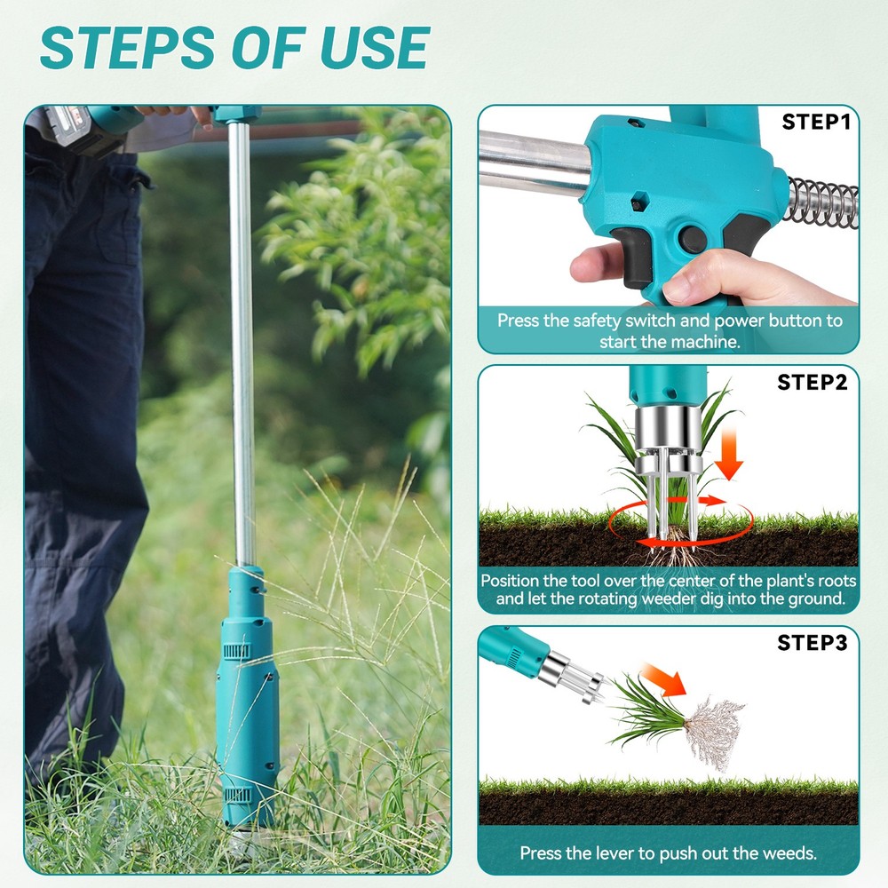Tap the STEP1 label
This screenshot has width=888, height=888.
[x=816, y=122]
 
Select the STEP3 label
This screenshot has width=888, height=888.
[x=813, y=642]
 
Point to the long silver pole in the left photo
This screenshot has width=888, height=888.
[x=240, y=337]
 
